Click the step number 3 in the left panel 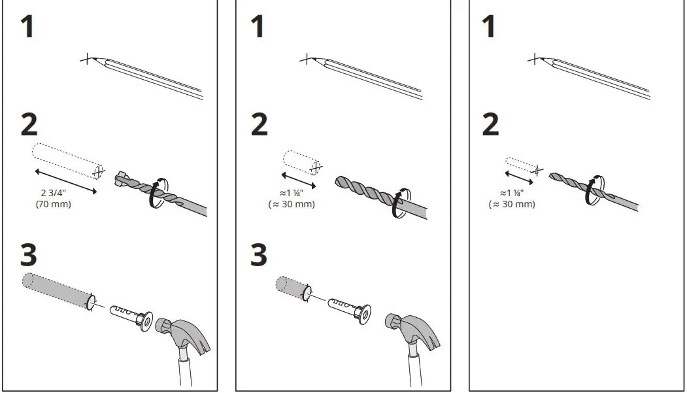pos(29,256)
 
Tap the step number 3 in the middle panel pos(260,256)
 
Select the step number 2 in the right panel pos(490,125)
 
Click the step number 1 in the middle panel pos(258,27)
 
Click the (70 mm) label pos(53,205)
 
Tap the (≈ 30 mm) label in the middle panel pos(291,204)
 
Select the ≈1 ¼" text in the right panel pos(512,194)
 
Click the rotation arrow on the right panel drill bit pos(595,189)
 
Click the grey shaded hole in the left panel pos(58,290)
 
